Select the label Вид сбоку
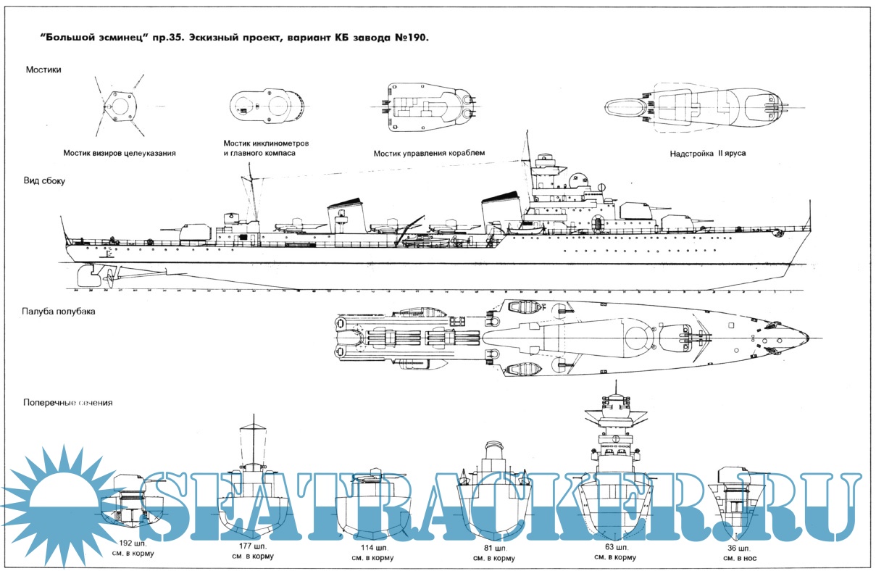[x=45, y=181]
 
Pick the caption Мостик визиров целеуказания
[x=120, y=154]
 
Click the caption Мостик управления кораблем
[x=429, y=154]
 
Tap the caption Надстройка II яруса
[x=707, y=154]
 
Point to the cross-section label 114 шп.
[x=372, y=549]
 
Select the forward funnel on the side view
[x=501, y=212]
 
